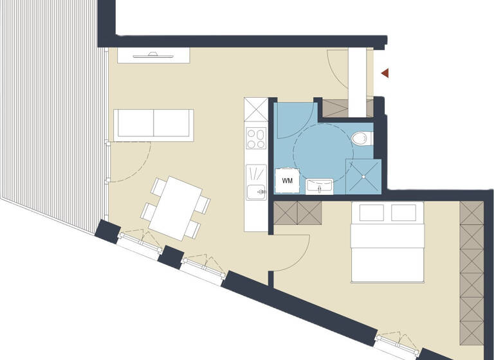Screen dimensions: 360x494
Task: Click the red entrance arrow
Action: (385, 73)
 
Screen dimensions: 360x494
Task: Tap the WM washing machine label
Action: (287, 181)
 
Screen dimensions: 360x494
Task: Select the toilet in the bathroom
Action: (363, 138)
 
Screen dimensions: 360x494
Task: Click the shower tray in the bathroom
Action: (363, 175)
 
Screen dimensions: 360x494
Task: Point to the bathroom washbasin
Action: (319, 186)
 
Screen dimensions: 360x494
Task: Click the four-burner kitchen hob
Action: (256, 138)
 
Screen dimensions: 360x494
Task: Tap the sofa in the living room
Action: (153, 124)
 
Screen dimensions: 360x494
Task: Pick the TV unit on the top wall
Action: (154, 55)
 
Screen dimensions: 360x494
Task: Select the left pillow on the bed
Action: (371, 212)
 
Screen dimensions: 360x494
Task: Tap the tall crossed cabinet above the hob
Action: (256, 109)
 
